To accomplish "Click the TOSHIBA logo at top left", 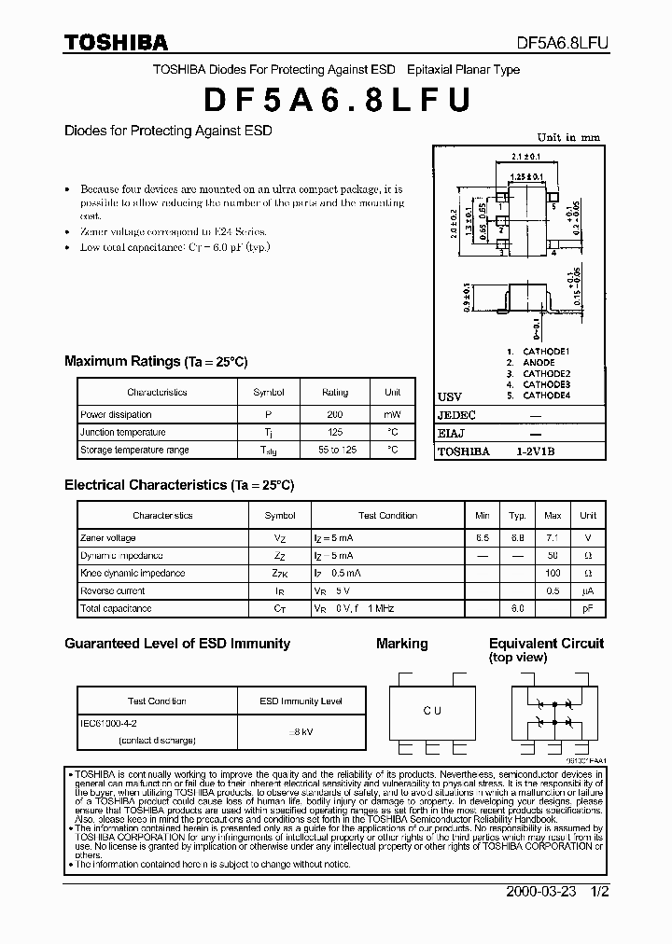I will [116, 42].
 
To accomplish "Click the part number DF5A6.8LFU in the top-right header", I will [563, 43].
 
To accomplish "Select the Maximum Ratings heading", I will [155, 362].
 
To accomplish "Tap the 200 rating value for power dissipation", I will [335, 414].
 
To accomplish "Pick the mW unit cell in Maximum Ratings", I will [392, 414].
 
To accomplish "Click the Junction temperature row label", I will [122, 432].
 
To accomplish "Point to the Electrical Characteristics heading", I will [178, 485].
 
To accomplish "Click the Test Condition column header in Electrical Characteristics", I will [387, 515].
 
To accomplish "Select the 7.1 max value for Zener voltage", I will [553, 538].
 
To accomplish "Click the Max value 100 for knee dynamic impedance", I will [553, 573].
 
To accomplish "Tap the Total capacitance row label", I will [115, 608].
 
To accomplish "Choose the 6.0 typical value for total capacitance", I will [517, 608].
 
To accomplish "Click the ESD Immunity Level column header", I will [287, 701].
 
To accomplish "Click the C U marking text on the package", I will [432, 711].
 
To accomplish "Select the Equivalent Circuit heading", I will [546, 644].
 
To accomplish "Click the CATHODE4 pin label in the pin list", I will [546, 396].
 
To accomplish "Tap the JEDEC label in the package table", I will [456, 415].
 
